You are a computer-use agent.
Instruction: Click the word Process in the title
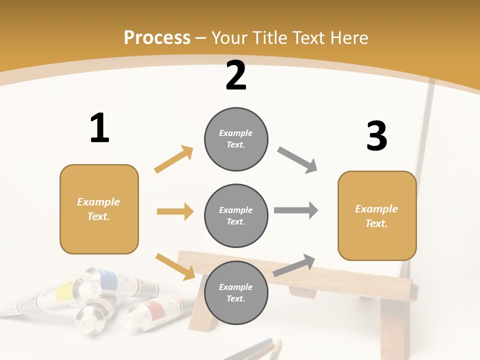157,38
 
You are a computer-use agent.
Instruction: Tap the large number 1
99,128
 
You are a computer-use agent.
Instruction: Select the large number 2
236,75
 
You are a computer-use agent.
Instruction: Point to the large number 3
377,136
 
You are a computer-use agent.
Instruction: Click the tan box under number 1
99,209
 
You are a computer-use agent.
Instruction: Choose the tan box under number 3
377,216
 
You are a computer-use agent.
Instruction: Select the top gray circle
236,139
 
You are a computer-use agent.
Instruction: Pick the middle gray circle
236,216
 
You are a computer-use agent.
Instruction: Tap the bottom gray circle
236,293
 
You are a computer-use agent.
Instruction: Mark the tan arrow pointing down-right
175,266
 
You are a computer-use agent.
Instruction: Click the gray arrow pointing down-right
297,160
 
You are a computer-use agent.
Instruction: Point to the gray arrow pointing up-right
294,265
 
